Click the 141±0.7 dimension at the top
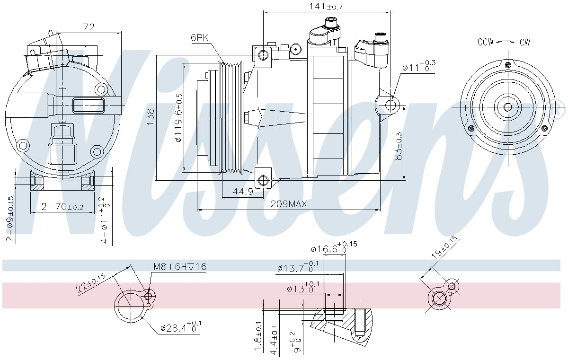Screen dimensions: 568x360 (326, 6)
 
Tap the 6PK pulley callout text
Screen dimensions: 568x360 (200, 38)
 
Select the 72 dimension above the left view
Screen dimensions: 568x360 (89, 27)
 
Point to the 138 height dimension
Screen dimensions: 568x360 (151, 116)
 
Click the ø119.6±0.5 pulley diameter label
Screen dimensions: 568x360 (178, 118)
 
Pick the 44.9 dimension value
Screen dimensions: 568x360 (243, 192)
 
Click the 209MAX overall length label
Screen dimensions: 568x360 (289, 204)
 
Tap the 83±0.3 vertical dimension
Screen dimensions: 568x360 (399, 146)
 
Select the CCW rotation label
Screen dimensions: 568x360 (485, 42)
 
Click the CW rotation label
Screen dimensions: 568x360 (524, 42)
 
